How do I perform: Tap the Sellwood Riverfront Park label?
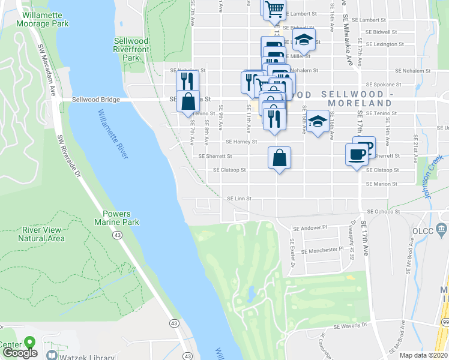[x=131, y=49]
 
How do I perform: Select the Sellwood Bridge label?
[x=96, y=100]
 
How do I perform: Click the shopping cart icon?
[x=274, y=8]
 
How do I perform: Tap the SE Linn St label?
[x=238, y=199]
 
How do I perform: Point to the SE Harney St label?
[x=241, y=142]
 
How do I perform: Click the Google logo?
[x=20, y=353]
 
